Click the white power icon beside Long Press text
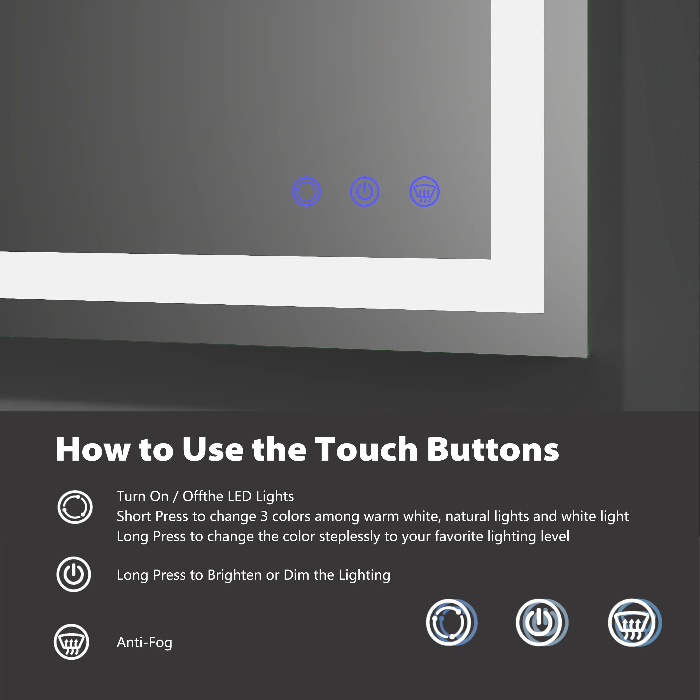(74, 574)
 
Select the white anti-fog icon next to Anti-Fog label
(71, 642)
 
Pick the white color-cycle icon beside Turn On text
(75, 507)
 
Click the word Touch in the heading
(366, 449)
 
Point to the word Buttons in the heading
(493, 449)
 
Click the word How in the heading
(93, 449)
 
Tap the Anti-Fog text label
(144, 642)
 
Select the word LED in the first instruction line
(238, 496)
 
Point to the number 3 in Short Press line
(264, 516)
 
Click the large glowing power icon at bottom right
(541, 622)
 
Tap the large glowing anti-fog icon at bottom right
(634, 622)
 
